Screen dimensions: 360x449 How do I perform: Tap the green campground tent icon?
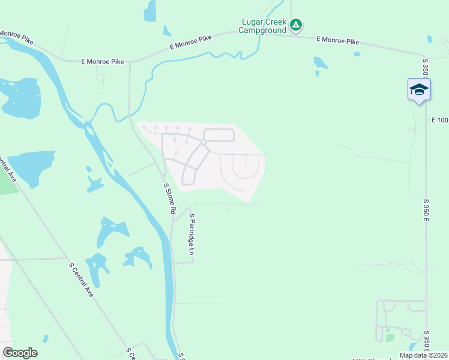[x=295, y=25]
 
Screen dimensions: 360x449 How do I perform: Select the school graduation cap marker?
[x=418, y=90]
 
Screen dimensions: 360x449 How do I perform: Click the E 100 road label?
[x=439, y=121]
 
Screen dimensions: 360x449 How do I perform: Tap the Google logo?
[x=20, y=353]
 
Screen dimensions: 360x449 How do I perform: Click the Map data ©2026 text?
[x=423, y=355]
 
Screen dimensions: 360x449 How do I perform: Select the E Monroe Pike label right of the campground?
[x=338, y=41]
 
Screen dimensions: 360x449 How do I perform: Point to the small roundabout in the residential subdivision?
[x=203, y=142]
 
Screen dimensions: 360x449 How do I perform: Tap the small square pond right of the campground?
[x=357, y=54]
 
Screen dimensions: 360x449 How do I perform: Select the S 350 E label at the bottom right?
[x=427, y=340]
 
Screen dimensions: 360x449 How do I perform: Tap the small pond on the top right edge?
[x=429, y=40]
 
